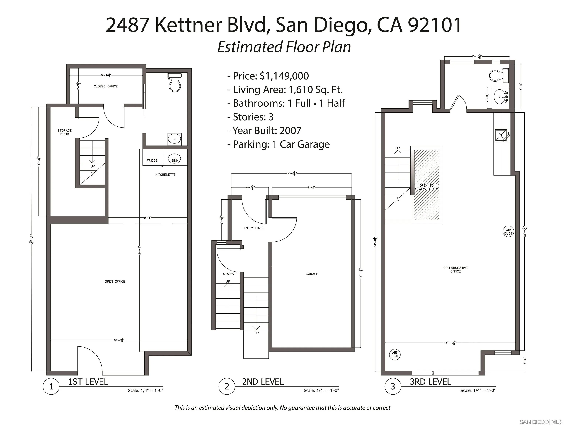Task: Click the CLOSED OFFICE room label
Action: [105, 86]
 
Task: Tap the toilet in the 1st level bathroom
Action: [175, 84]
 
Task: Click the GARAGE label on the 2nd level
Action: [312, 274]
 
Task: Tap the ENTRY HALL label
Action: [253, 228]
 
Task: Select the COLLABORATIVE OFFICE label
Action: [455, 270]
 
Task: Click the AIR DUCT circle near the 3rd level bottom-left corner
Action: [394, 354]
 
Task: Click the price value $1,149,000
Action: [284, 76]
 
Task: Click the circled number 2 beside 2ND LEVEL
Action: [227, 386]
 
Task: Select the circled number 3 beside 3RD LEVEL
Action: [393, 386]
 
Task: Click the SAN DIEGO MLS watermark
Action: [540, 422]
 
